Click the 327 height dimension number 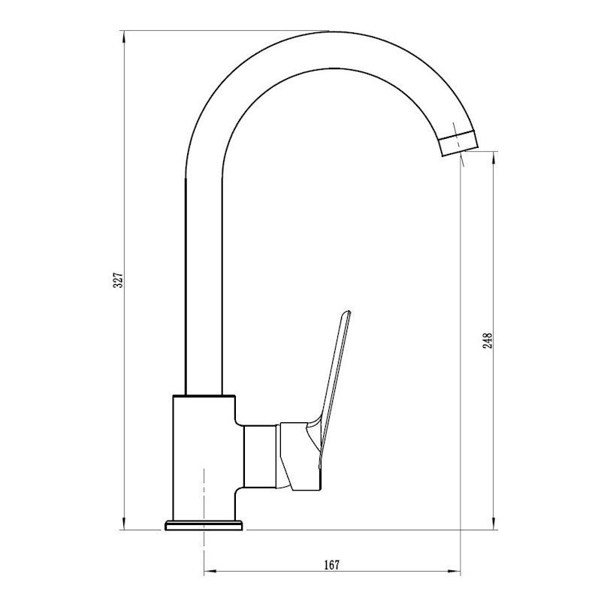119,280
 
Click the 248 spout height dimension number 488,341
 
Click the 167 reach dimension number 331,565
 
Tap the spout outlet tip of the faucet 459,143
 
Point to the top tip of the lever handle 349,311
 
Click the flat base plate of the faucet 204,525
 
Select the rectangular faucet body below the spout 204,458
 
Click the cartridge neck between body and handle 260,456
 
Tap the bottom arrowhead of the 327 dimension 123,523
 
